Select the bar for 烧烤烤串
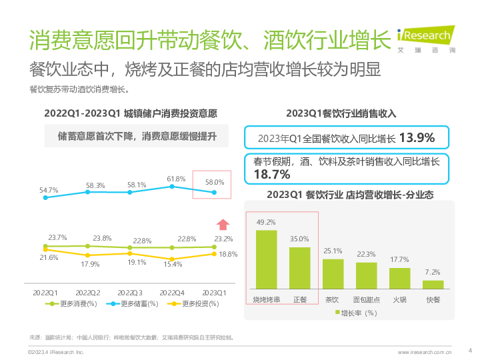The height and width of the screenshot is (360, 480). pos(266,259)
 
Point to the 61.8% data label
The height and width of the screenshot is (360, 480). pos(176,179)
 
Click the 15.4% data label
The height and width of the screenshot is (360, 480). pos(173,265)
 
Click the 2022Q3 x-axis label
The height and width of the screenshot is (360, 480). pos(131,292)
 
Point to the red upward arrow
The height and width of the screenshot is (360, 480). pos(223,225)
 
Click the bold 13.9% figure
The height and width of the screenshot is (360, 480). pos(417,138)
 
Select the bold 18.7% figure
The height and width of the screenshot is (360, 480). pos(271,174)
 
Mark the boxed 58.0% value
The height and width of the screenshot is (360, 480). pos(214,182)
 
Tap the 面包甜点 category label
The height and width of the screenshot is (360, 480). pos(366,300)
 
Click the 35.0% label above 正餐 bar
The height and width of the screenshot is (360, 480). pos(299,239)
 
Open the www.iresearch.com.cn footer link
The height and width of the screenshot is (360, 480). pos(425,351)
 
